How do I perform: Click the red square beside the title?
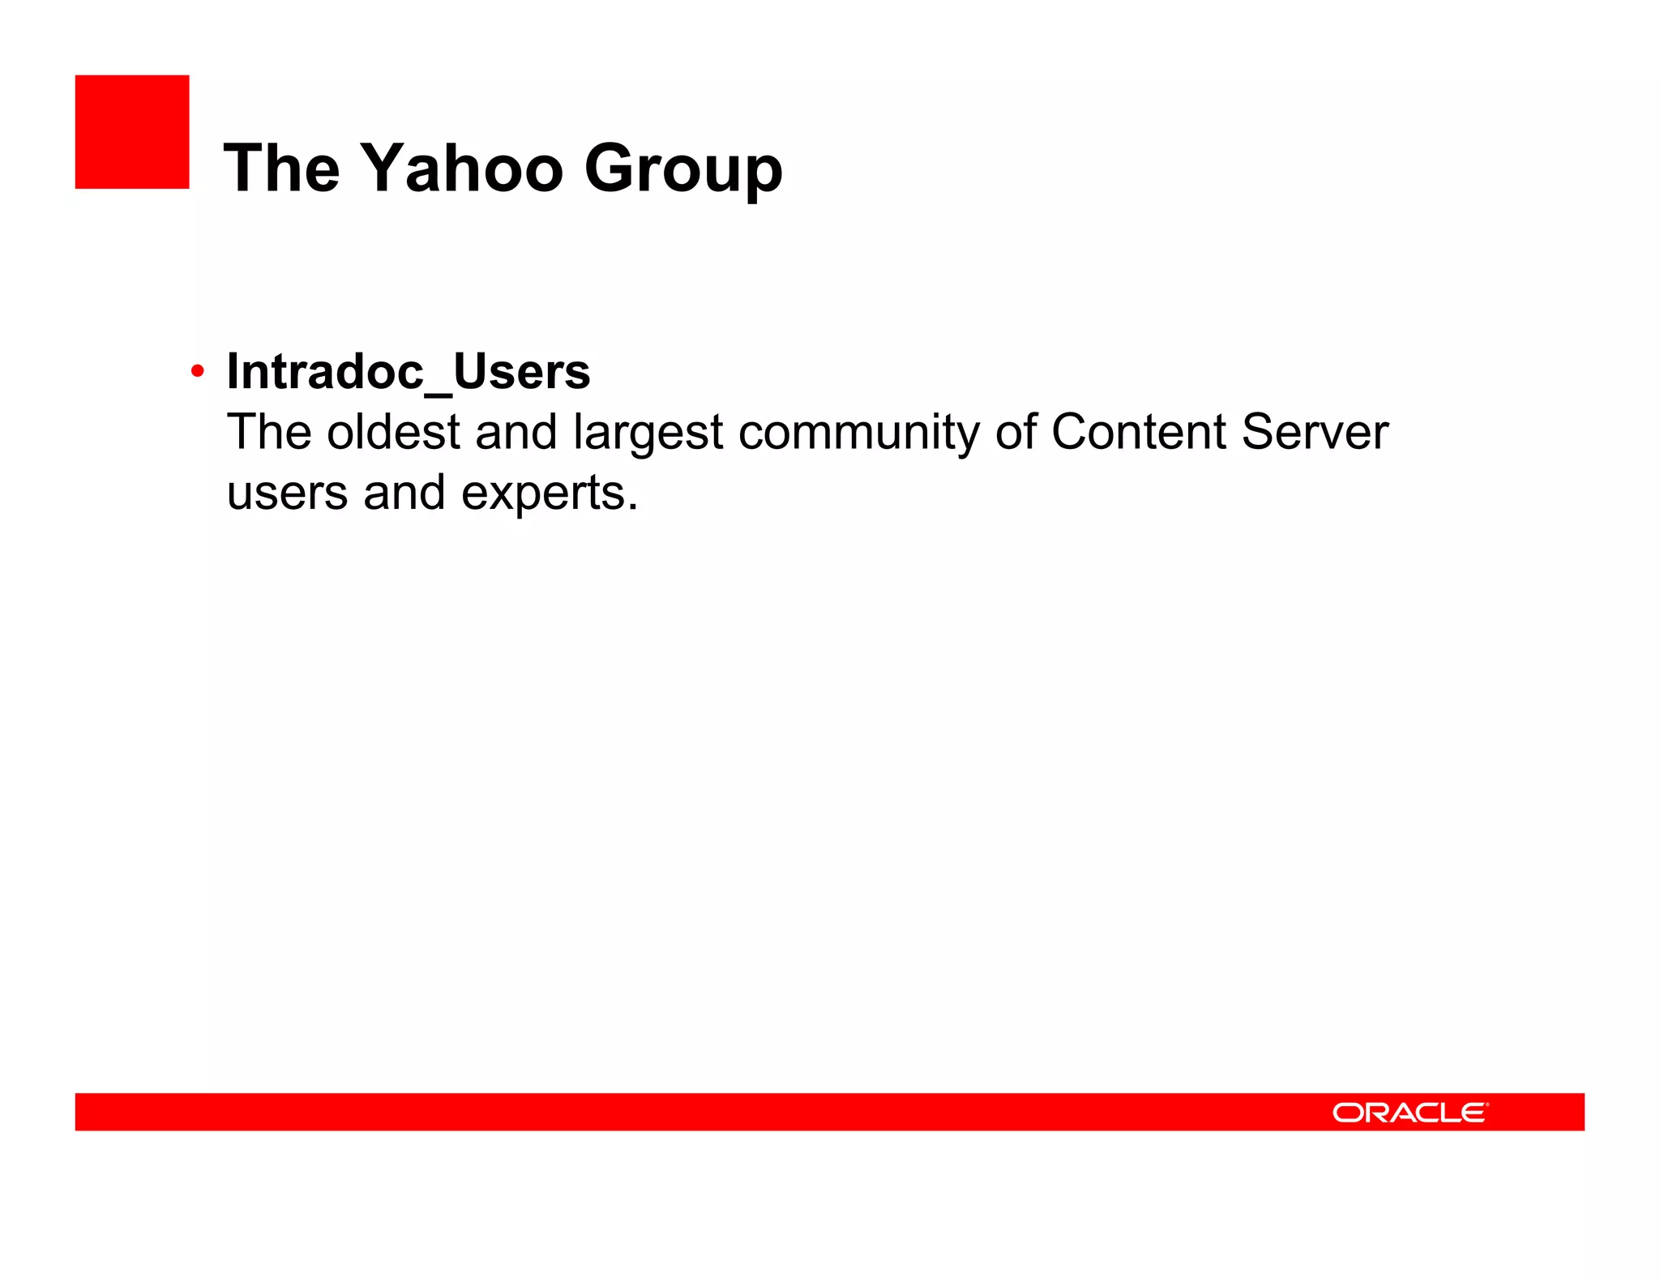coord(132,132)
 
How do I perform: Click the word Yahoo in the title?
coord(461,169)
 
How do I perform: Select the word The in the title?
coord(281,169)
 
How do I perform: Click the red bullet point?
coord(197,372)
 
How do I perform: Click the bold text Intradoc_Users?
coord(408,372)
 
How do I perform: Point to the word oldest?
coord(393,432)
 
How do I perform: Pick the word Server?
coord(1315,432)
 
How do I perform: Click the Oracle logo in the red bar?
coord(1410,1113)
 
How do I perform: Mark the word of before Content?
coord(1016,432)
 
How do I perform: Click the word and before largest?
coord(516,432)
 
